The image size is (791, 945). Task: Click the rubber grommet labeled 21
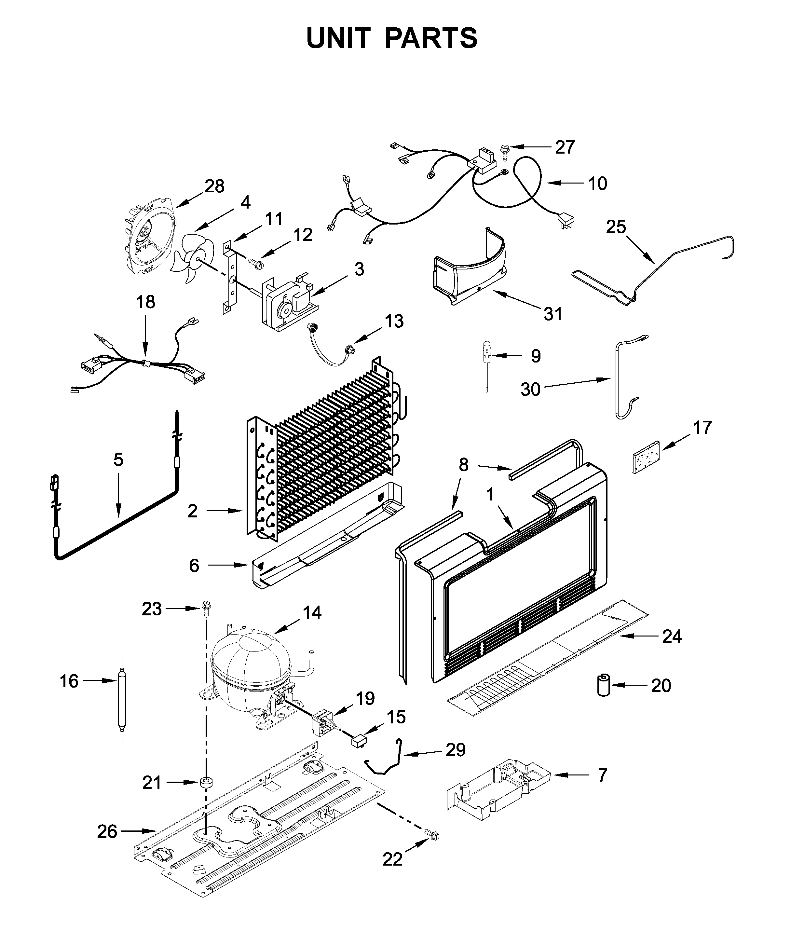pyautogui.click(x=207, y=782)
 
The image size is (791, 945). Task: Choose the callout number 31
pyautogui.click(x=553, y=314)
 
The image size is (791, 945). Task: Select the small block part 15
pyautogui.click(x=359, y=739)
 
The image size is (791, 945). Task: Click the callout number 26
pyautogui.click(x=107, y=832)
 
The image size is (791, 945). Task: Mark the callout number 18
pyautogui.click(x=146, y=302)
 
